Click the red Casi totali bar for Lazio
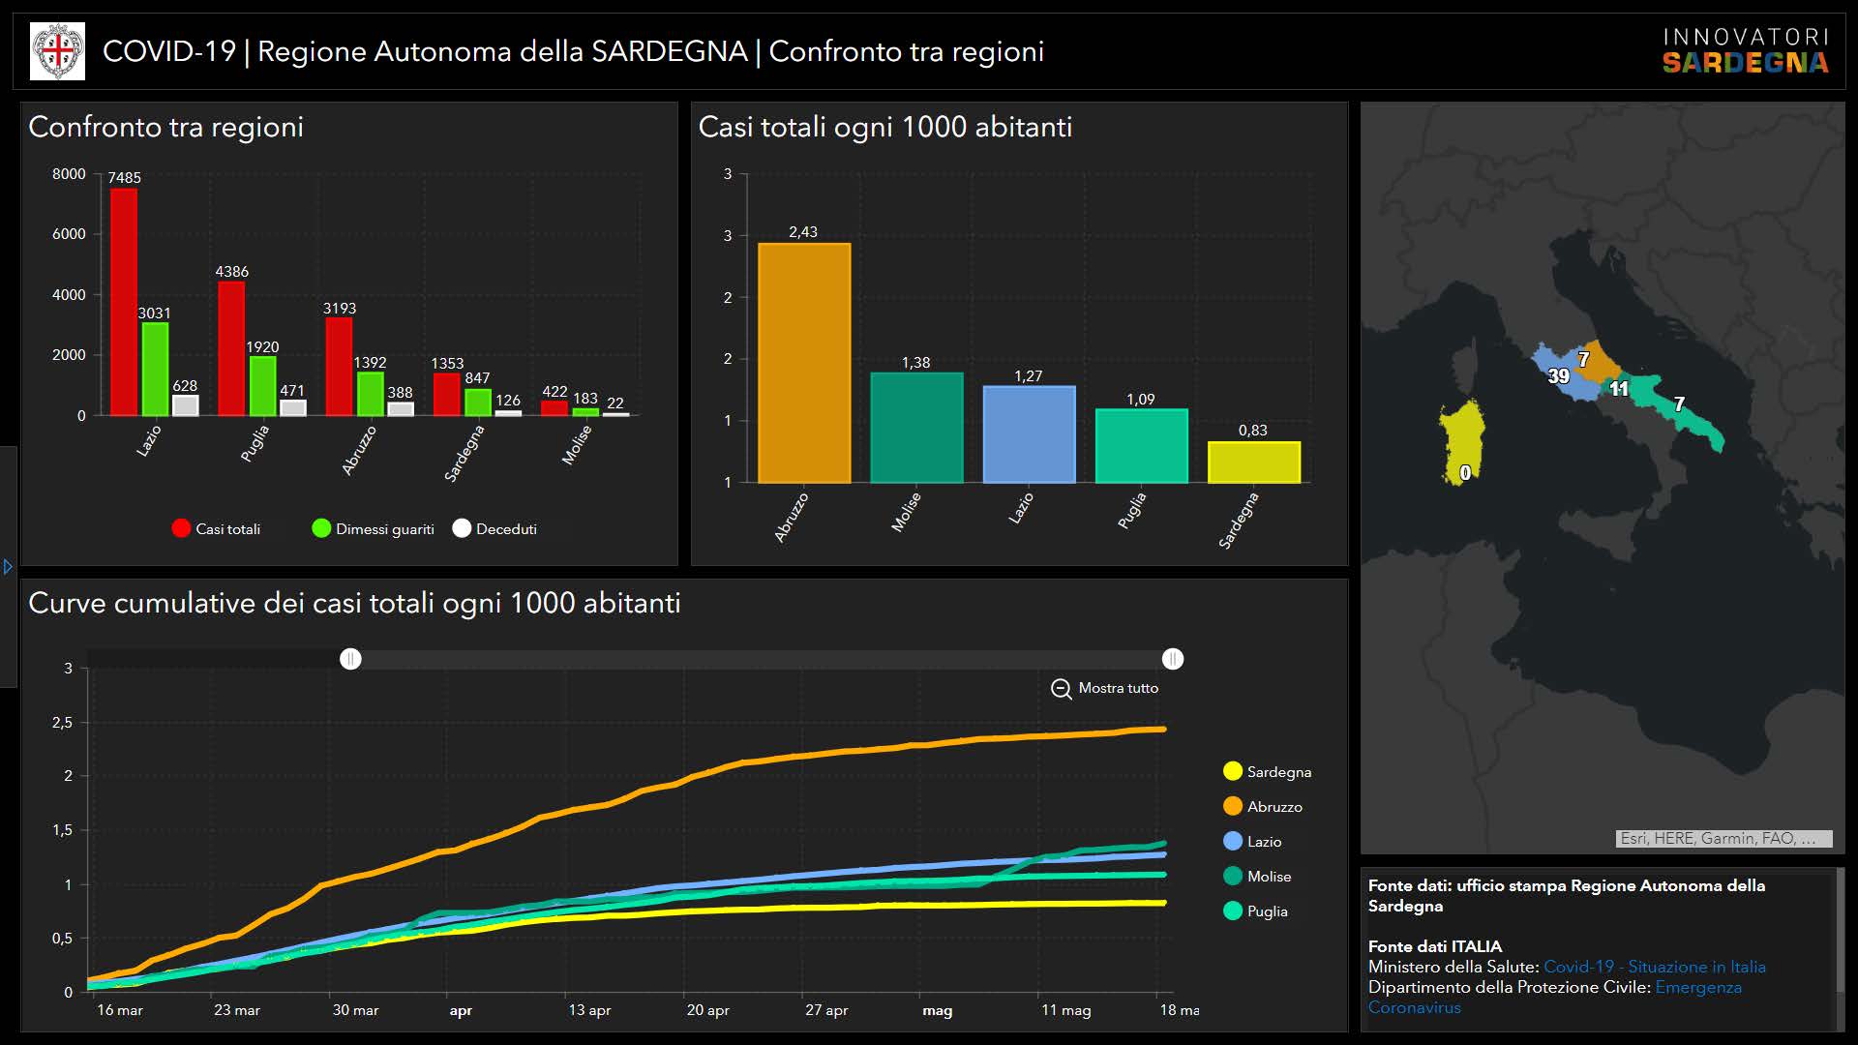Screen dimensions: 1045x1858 (x=124, y=302)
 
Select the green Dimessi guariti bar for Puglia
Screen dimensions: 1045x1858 (x=262, y=386)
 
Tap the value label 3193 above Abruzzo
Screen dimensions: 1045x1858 (x=340, y=309)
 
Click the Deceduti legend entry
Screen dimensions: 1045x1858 (x=494, y=528)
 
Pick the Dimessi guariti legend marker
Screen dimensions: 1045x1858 (x=321, y=528)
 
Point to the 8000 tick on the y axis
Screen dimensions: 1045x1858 (x=69, y=174)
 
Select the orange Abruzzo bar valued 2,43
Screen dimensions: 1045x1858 (x=804, y=363)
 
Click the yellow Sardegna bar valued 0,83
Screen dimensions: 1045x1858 (x=1254, y=463)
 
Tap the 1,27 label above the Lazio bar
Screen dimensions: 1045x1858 (x=1028, y=376)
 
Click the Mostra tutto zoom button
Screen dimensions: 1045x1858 (x=1105, y=688)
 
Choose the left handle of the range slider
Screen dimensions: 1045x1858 (x=350, y=659)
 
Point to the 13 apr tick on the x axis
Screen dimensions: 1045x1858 (x=589, y=1010)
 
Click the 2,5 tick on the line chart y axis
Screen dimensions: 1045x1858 (x=62, y=723)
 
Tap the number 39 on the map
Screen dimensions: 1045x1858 (x=1558, y=376)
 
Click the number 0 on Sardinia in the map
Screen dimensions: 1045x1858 (x=1465, y=472)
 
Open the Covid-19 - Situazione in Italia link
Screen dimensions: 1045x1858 (x=1654, y=967)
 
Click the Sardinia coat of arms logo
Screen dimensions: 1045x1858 (x=58, y=51)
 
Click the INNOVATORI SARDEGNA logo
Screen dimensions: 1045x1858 (x=1746, y=51)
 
